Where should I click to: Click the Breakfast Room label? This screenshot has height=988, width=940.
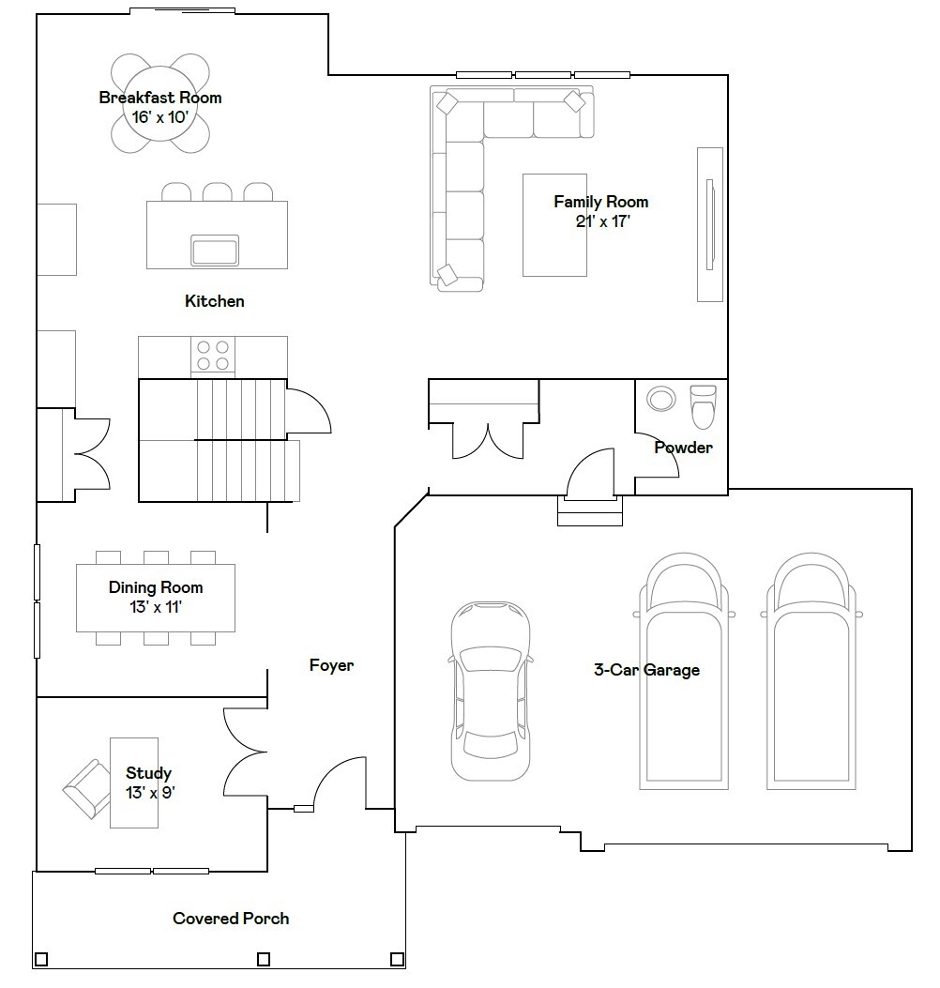160,98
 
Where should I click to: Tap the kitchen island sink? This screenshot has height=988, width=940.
215,251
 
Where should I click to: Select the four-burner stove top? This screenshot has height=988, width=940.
213,355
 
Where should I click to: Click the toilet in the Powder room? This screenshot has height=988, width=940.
703,406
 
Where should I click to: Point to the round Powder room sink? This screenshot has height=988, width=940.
660,399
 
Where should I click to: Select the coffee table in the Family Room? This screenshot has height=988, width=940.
554,225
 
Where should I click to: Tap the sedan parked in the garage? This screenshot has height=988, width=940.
490,691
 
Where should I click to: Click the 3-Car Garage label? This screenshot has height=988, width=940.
646,670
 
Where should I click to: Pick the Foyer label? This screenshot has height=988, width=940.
331,665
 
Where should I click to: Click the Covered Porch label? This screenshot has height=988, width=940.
231,919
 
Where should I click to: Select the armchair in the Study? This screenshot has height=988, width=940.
87,788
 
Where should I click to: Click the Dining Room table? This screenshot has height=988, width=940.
156,598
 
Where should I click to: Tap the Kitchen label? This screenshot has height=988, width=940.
214,301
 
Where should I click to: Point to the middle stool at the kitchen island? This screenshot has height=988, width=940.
218,192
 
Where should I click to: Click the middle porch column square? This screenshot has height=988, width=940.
264,959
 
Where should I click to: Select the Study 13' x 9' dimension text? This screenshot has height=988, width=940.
150,792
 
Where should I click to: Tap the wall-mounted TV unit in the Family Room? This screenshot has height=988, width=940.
710,224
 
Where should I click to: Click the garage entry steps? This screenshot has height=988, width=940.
590,511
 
